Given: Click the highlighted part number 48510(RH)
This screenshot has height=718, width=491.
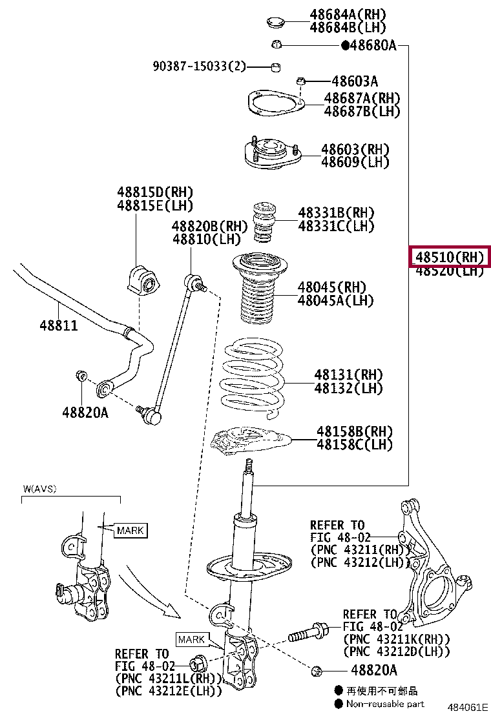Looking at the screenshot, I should pos(450,257).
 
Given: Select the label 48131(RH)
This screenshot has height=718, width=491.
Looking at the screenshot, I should pos(348,375).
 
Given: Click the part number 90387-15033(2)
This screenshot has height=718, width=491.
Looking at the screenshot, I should pos(200,66).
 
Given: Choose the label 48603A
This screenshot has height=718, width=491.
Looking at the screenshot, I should pos(355,81).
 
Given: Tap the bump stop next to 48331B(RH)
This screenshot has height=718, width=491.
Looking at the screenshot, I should pos(264,222).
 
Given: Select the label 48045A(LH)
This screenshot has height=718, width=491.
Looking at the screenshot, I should pos(335,300).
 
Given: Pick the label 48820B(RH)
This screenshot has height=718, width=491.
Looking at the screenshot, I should pos(209,226).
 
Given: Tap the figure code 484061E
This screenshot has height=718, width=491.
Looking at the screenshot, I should pos(468,709).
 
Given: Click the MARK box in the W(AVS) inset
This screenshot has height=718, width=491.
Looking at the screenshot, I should pos(131,531).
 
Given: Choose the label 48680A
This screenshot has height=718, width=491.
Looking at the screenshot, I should pos(373,46).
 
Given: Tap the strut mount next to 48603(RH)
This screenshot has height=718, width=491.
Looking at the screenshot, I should pos(271,155).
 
